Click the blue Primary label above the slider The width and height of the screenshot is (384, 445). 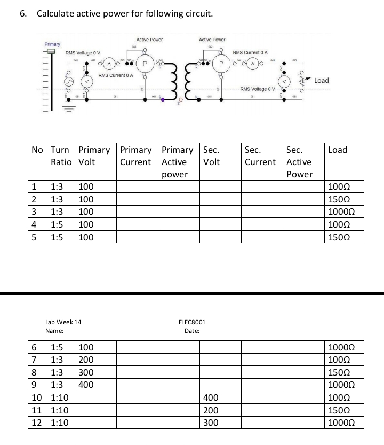[x=52, y=44]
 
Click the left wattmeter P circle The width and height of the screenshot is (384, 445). [x=142, y=64]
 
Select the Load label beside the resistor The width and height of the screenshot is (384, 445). [x=322, y=81]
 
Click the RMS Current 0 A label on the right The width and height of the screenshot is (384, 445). [x=250, y=53]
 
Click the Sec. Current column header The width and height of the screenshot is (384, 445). [x=260, y=155]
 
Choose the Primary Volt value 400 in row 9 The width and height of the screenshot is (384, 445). [x=86, y=385]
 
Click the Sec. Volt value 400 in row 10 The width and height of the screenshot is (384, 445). [x=211, y=397]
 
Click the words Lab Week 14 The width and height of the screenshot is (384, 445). [x=63, y=322]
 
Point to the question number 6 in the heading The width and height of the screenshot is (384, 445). [x=22, y=13]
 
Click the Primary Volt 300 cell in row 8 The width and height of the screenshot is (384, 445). [x=86, y=372]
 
